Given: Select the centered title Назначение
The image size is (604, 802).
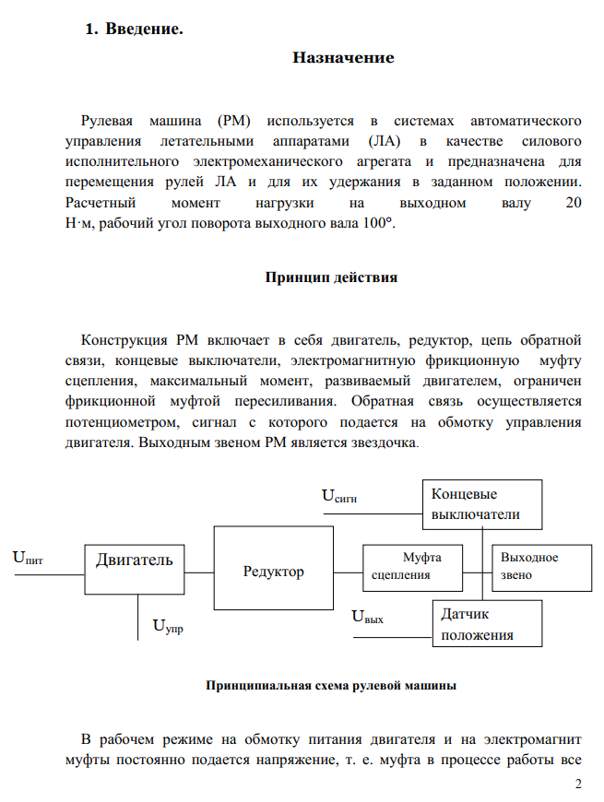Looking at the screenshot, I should pyautogui.click(x=343, y=57).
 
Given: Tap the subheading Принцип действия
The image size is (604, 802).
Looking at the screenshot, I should pyautogui.click(x=331, y=277).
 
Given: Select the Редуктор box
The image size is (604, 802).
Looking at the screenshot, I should pyautogui.click(x=273, y=571).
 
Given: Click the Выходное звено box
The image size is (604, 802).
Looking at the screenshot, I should pyautogui.click(x=542, y=567).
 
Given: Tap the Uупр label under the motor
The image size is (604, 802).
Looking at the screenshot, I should pyautogui.click(x=167, y=628).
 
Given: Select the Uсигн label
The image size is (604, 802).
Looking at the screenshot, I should pyautogui.click(x=338, y=496).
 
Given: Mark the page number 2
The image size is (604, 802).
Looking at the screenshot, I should pyautogui.click(x=578, y=784).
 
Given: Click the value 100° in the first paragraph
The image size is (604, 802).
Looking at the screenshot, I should pyautogui.click(x=377, y=223).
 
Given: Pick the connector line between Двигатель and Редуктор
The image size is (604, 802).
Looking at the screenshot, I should pyautogui.click(x=194, y=572).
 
